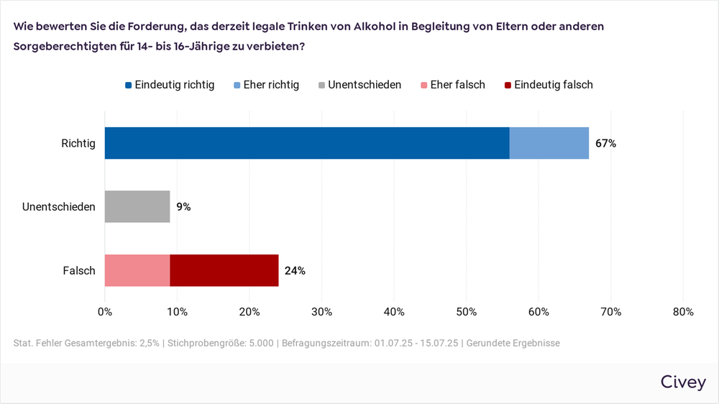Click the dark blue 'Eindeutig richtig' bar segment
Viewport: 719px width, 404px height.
pyautogui.click(x=307, y=143)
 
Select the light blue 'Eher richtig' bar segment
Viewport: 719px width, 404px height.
pyautogui.click(x=549, y=143)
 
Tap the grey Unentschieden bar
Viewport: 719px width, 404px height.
pyautogui.click(x=137, y=207)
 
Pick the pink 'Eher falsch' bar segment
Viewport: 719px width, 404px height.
pyautogui.click(x=137, y=270)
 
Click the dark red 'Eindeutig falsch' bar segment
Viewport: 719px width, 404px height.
pyautogui.click(x=224, y=270)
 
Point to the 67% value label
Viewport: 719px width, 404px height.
pyautogui.click(x=605, y=143)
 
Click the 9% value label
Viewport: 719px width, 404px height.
pyautogui.click(x=183, y=207)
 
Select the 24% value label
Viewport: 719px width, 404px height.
pyautogui.click(x=295, y=271)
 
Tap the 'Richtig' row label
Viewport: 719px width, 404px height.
pyautogui.click(x=78, y=143)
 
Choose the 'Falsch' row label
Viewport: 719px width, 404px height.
pyautogui.click(x=80, y=271)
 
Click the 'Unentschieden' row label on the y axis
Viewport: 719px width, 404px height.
pyautogui.click(x=59, y=207)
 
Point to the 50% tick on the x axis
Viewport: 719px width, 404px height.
pyautogui.click(x=466, y=311)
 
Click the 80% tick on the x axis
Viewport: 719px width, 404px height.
pyautogui.click(x=682, y=311)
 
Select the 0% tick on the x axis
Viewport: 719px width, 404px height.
pyautogui.click(x=105, y=311)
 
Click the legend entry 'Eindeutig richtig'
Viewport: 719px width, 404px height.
pyautogui.click(x=175, y=85)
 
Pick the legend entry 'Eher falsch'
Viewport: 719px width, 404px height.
pyautogui.click(x=457, y=85)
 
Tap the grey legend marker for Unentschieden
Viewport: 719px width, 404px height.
pyautogui.click(x=321, y=85)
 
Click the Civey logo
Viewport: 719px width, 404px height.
pyautogui.click(x=682, y=382)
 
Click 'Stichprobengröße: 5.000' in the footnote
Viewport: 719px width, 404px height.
pyautogui.click(x=221, y=343)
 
